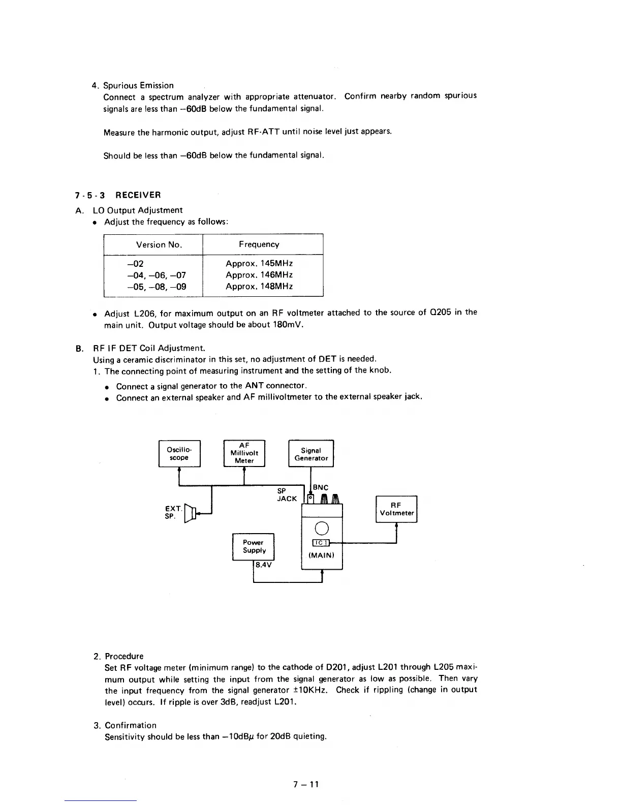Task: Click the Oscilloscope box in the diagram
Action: [179, 454]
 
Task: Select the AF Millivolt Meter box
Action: [244, 453]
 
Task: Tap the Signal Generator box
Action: [311, 454]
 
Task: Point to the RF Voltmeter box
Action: [396, 509]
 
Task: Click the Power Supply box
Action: [254, 547]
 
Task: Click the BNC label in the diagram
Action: [321, 487]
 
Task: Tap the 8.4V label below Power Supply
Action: [264, 565]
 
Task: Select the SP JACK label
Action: [287, 495]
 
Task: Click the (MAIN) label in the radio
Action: [321, 555]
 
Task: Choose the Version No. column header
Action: [159, 244]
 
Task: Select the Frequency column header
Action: [259, 244]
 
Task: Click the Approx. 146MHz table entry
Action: [259, 275]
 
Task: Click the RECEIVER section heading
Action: [138, 195]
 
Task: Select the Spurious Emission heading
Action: [139, 85]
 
